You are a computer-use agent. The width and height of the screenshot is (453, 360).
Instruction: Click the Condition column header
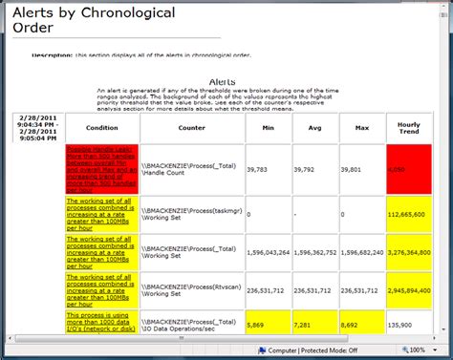coord(102,127)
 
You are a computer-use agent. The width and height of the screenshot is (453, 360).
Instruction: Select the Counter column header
coord(191,127)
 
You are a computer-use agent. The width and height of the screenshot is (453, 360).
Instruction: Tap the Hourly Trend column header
coord(408,127)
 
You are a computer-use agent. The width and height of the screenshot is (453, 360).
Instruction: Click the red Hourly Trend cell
coord(408,168)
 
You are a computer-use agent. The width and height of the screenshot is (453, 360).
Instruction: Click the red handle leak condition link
coord(100,168)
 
